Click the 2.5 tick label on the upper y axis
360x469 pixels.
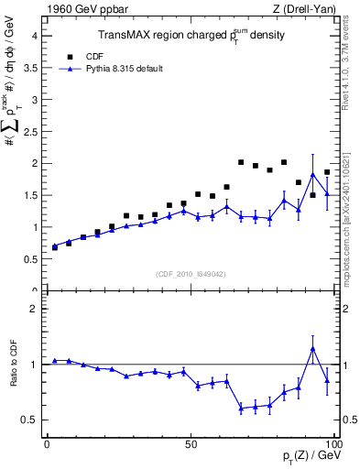click(x=29, y=131)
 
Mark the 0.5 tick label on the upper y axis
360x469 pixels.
click(x=29, y=259)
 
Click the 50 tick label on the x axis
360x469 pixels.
click(x=191, y=444)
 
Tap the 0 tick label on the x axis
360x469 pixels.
click(x=48, y=444)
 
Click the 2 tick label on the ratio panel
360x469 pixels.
click(x=33, y=309)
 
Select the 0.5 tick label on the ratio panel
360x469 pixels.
click(x=29, y=420)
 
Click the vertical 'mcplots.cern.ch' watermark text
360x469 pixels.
click(x=351, y=211)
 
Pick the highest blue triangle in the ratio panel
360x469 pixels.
click(x=313, y=348)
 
